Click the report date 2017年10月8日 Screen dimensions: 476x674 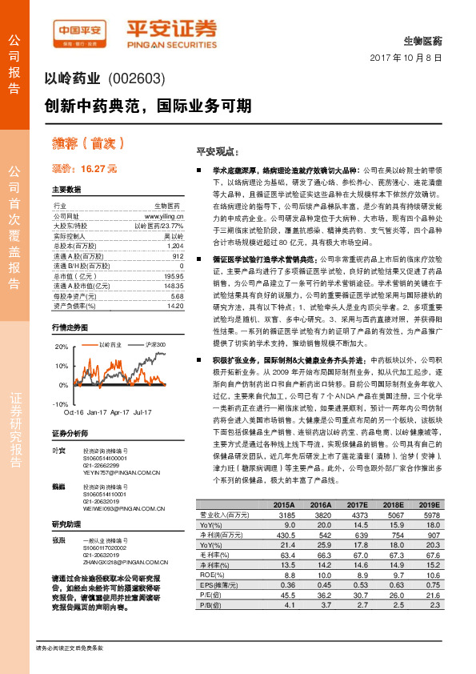point(407,58)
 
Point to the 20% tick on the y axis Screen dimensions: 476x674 point(61,347)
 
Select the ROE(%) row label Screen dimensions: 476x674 point(209,551)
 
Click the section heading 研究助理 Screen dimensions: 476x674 point(66,524)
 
